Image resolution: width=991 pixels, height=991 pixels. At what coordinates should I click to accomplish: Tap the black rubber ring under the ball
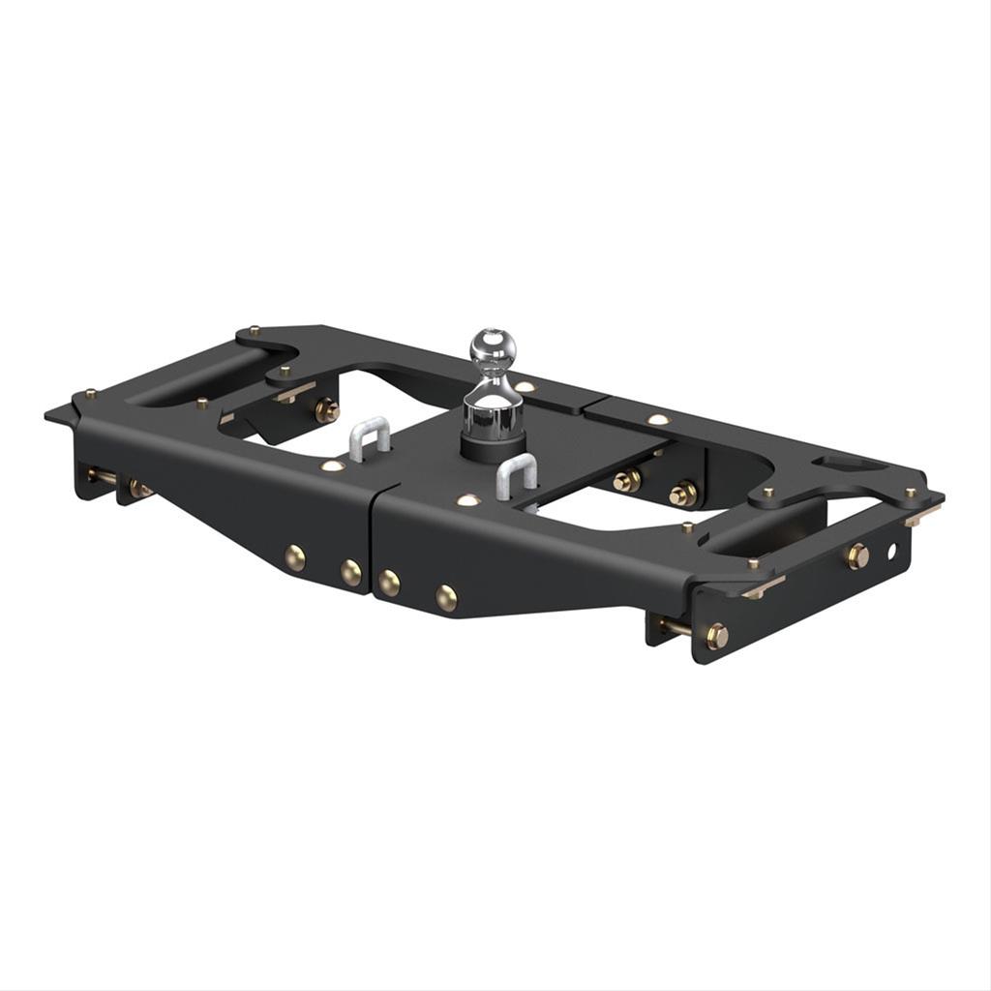pos(493,446)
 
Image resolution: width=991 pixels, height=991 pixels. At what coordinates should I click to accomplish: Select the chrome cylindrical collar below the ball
pos(493,414)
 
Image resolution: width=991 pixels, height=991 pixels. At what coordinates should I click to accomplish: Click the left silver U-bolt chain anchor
pos(369,437)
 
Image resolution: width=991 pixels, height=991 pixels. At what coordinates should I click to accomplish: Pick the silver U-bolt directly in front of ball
pos(516,479)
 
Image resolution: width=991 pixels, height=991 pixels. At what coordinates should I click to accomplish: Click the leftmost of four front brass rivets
pos(295,556)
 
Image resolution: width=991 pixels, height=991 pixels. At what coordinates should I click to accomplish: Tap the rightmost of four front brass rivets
pos(445,597)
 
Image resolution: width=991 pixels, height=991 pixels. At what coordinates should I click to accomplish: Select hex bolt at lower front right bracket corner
pos(716,636)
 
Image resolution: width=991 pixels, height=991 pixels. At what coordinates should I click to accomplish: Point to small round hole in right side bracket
pos(891,551)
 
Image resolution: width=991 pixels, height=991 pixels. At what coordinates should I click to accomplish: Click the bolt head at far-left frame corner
pos(90,394)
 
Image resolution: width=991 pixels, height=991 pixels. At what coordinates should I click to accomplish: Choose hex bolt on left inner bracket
pos(326,409)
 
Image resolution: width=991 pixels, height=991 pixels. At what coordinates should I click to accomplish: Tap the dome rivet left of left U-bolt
pos(332,465)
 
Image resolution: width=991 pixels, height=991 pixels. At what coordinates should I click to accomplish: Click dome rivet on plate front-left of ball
pos(468,500)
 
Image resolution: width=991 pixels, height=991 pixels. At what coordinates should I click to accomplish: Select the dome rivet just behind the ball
pos(524,387)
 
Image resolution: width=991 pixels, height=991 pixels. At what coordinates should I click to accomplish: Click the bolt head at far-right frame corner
pos(910,493)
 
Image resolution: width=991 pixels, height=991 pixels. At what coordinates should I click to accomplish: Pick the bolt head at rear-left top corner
pos(253,330)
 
